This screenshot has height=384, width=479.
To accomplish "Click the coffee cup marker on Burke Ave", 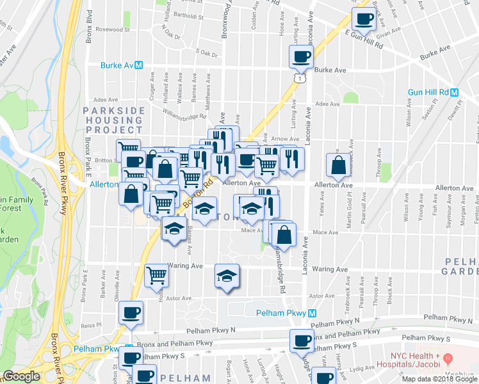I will tap(301, 57).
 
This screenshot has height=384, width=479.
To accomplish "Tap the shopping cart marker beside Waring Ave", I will tap(157, 275).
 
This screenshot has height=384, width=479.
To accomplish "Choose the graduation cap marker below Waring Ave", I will tap(227, 276).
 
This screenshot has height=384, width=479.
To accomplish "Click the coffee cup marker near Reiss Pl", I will tap(131, 313).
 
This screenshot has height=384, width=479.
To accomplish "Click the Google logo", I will tap(21, 377).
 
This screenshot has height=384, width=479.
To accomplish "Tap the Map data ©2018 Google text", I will tap(439, 379).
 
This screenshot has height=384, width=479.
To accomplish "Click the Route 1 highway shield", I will tap(298, 77).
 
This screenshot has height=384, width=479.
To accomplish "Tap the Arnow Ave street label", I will tap(285, 139).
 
